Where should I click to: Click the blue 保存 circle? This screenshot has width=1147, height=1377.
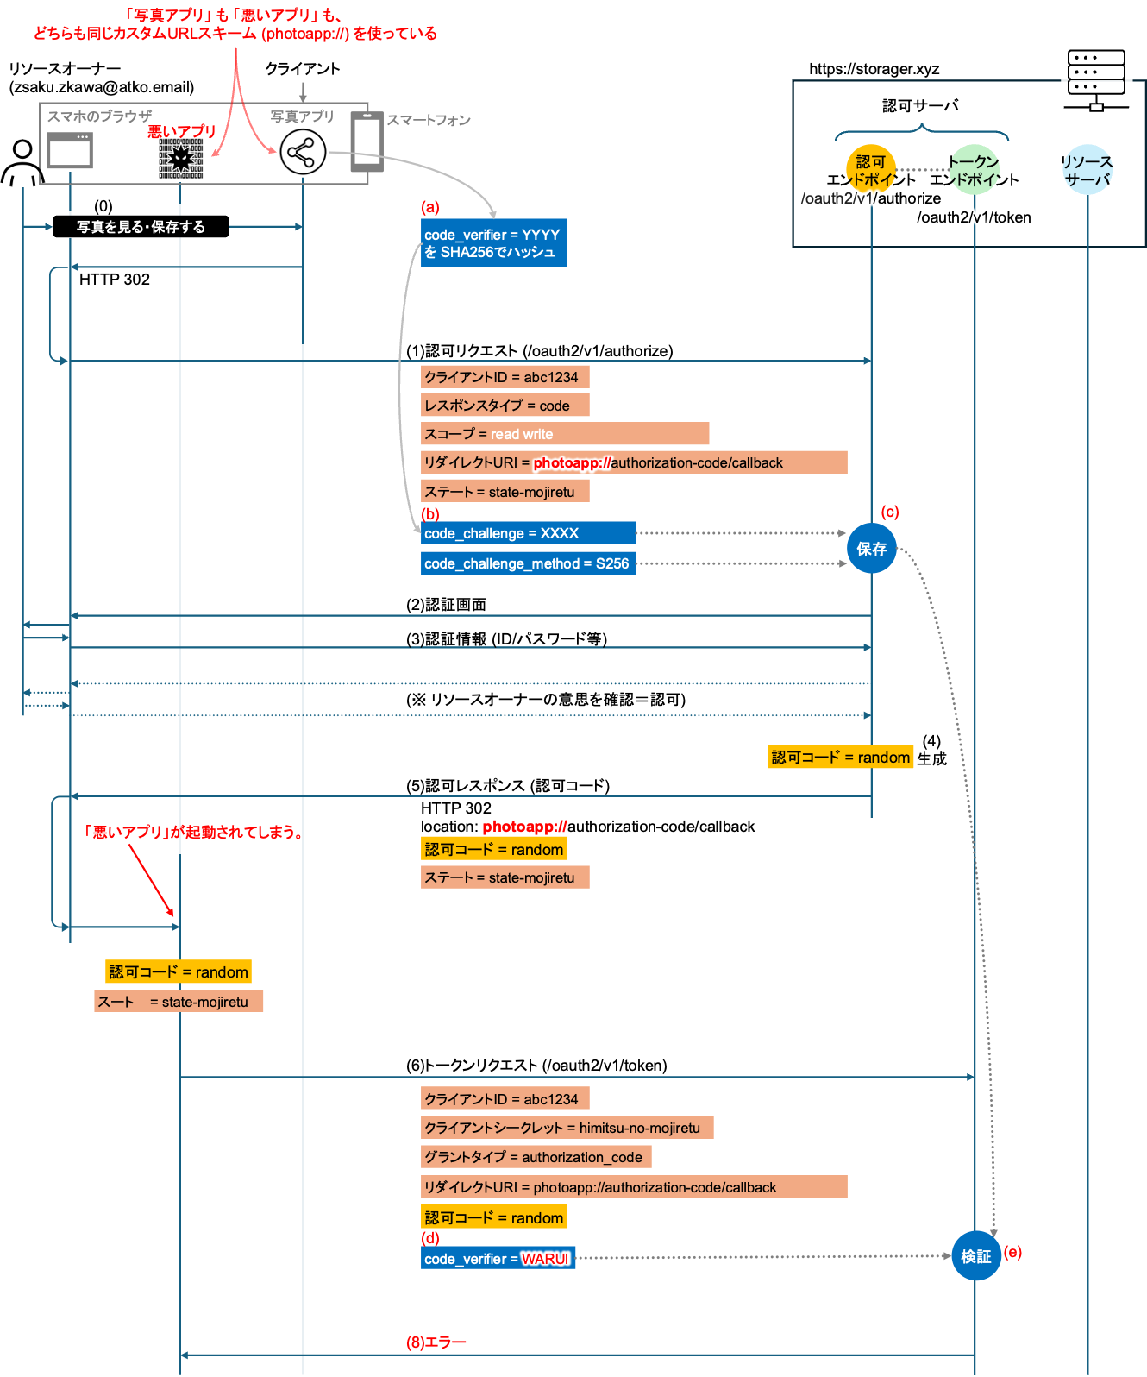click(x=872, y=549)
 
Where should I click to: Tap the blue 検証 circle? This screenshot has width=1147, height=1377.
click(x=975, y=1256)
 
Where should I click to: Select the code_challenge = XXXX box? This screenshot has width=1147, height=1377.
click(x=528, y=533)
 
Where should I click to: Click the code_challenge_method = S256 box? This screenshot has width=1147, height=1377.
click(x=528, y=563)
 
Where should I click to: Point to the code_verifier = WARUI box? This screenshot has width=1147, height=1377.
click(x=498, y=1259)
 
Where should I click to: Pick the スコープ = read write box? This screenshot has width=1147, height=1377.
click(x=565, y=434)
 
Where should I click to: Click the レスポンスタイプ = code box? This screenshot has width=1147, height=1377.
click(x=505, y=406)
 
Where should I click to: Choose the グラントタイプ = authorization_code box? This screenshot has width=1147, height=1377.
click(x=536, y=1157)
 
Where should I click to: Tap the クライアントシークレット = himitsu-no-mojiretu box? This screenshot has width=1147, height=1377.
click(x=567, y=1128)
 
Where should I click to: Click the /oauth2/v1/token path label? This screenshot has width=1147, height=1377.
click(x=975, y=217)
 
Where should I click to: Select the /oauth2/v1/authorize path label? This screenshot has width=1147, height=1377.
click(x=871, y=198)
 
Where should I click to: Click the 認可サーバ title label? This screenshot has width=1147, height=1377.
click(x=920, y=105)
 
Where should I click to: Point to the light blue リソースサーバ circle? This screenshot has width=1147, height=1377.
click(x=1087, y=170)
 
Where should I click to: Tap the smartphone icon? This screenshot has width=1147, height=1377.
click(x=366, y=141)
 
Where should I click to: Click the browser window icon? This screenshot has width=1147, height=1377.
click(x=70, y=151)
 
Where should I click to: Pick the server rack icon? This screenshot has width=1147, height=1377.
click(x=1096, y=80)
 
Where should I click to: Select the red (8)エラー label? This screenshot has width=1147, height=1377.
click(x=436, y=1342)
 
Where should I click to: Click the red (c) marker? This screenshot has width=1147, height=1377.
click(x=890, y=512)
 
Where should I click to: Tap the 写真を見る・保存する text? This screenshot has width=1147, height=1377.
click(x=141, y=227)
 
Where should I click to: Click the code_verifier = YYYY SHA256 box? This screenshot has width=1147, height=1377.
click(x=493, y=243)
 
